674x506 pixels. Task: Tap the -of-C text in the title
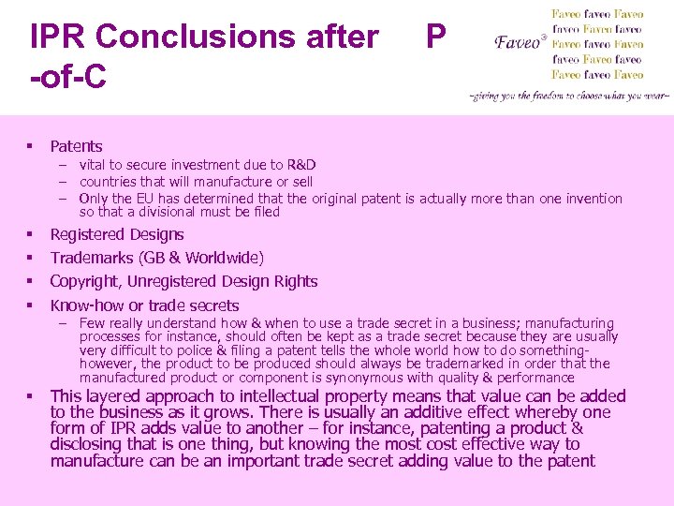click(67, 77)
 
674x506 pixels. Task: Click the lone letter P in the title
click(435, 37)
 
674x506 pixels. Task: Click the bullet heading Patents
click(76, 146)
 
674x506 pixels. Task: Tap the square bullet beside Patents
click(31, 146)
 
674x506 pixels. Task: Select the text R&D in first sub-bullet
click(300, 165)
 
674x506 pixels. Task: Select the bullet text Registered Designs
click(117, 234)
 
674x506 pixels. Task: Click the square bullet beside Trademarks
click(31, 258)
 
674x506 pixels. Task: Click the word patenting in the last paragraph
click(464, 428)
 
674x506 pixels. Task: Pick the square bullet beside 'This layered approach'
click(31, 396)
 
